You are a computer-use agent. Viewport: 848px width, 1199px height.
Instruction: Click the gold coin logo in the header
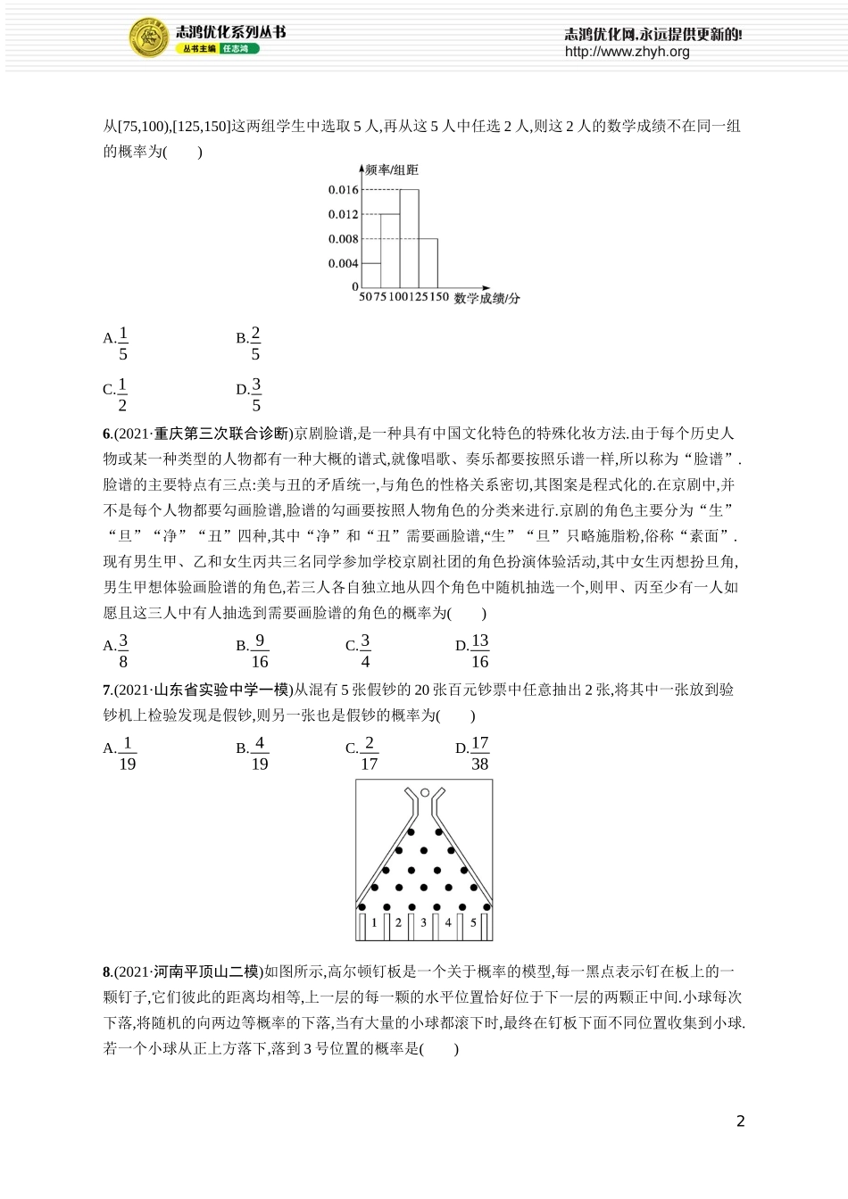pyautogui.click(x=149, y=38)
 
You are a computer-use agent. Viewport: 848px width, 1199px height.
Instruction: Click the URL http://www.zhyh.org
pyautogui.click(x=627, y=52)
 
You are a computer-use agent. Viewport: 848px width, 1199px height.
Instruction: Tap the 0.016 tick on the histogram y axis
pyautogui.click(x=343, y=189)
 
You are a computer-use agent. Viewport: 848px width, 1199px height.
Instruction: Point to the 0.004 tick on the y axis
pyautogui.click(x=343, y=263)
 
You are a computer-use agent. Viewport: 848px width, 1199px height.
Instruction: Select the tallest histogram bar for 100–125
pyautogui.click(x=409, y=237)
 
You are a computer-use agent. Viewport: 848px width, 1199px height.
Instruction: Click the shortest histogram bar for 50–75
pyautogui.click(x=371, y=274)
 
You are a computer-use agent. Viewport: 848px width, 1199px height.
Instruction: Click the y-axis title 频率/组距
pyautogui.click(x=392, y=170)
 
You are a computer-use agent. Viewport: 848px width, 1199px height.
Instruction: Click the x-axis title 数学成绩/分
pyautogui.click(x=486, y=298)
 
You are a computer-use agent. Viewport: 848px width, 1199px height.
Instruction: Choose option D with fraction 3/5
pyautogui.click(x=249, y=394)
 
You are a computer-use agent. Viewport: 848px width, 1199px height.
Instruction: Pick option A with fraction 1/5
pyautogui.click(x=117, y=343)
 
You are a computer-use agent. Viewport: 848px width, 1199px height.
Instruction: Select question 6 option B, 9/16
pyautogui.click(x=253, y=650)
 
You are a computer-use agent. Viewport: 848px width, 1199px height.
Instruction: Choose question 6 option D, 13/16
pyautogui.click(x=472, y=650)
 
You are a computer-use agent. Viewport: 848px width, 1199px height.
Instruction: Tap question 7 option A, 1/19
pyautogui.click(x=121, y=753)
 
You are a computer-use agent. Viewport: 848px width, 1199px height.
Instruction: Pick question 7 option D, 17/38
pyautogui.click(x=472, y=753)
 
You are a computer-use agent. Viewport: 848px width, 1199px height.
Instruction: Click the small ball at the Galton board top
pyautogui.click(x=425, y=792)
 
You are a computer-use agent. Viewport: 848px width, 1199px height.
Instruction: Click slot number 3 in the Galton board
pyautogui.click(x=423, y=922)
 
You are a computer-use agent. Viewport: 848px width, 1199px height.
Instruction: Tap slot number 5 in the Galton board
pyautogui.click(x=473, y=922)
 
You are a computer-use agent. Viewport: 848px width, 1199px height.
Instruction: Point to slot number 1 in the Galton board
pyautogui.click(x=374, y=922)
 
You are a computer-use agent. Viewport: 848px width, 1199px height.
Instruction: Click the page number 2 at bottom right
pyautogui.click(x=740, y=1121)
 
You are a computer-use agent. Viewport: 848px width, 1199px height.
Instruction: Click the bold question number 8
pyautogui.click(x=107, y=972)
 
